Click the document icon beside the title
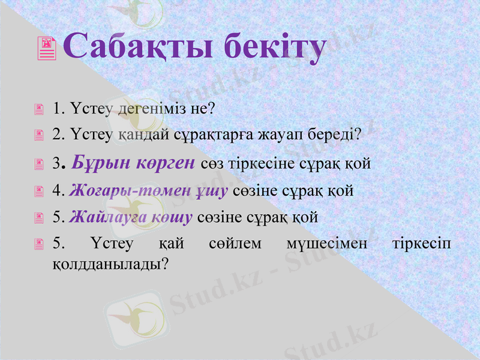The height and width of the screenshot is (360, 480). tap(47, 48)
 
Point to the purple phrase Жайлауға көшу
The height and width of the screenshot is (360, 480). tap(130, 217)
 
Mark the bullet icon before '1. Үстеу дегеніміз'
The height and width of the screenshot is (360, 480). tap(39, 110)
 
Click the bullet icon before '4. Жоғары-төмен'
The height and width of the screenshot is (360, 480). tap(39, 191)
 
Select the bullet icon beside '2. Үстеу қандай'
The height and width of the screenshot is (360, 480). tap(39, 136)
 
